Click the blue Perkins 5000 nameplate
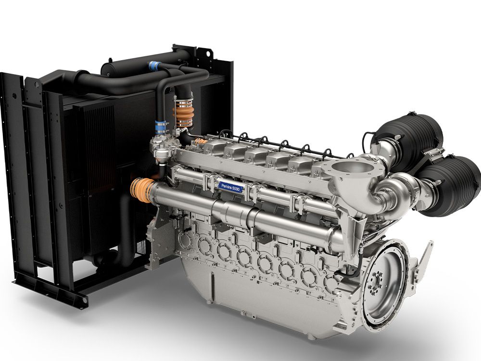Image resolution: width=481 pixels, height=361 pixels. pyautogui.click(x=230, y=187)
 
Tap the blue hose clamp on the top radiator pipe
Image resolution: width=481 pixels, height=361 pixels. pyautogui.click(x=153, y=65)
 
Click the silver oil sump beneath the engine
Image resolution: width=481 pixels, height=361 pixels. pyautogui.click(x=261, y=295)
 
